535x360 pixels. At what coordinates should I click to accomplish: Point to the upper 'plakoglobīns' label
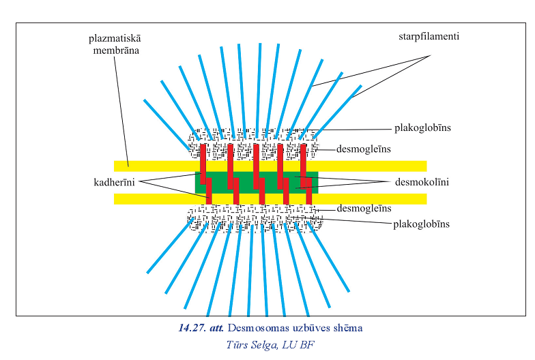click(422, 127)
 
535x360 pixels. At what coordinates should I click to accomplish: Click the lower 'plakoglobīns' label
click(421, 224)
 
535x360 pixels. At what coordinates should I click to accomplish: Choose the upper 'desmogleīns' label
click(364, 149)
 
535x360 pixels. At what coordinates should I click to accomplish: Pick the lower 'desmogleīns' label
click(364, 208)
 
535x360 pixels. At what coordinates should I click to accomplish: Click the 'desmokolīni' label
click(422, 182)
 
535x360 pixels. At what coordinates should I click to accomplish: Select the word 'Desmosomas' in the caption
click(257, 329)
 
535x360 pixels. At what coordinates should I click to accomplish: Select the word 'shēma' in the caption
click(346, 329)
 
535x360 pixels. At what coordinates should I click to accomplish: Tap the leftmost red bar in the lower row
click(209, 190)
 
